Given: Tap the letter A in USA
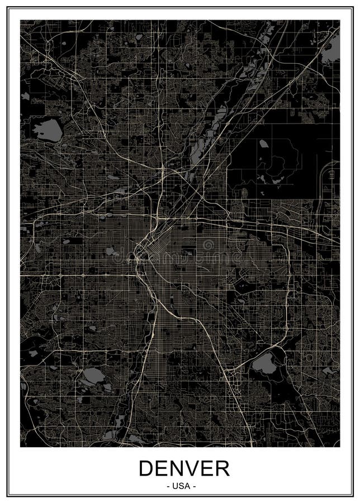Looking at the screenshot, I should [x=187, y=486].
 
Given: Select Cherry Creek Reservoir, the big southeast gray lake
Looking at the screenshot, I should [x=263, y=366].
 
